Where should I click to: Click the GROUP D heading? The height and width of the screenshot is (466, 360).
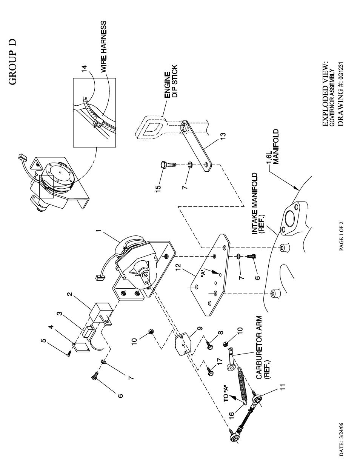[x=13, y=62]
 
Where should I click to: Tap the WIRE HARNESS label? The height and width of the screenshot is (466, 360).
[x=103, y=46]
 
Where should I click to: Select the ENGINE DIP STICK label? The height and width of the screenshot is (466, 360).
[x=171, y=82]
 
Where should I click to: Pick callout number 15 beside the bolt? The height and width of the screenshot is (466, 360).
[x=158, y=189]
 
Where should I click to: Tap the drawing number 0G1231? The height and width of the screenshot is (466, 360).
[x=341, y=74]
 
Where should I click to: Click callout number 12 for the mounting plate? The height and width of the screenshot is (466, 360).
[x=178, y=266]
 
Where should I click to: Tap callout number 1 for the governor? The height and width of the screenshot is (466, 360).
[x=98, y=231]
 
